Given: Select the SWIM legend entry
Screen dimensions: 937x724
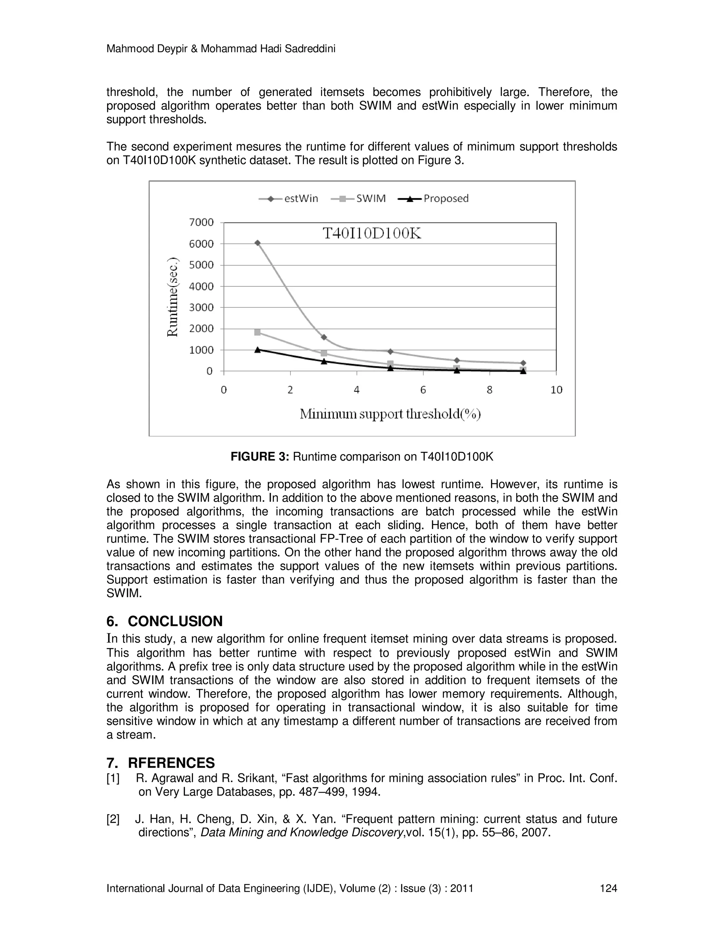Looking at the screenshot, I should tap(359, 199).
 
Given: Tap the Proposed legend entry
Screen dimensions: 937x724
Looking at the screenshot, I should tap(433, 199).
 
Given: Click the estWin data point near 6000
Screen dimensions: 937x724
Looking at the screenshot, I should tap(257, 243).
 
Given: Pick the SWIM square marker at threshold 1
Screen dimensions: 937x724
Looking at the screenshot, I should tap(257, 332).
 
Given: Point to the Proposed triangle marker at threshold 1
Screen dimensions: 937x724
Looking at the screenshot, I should tap(257, 350).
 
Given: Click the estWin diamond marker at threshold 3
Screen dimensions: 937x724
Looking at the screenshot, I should tap(324, 337).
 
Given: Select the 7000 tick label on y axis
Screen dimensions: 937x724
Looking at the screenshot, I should tap(201, 222).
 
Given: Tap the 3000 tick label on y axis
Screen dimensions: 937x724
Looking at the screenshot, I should tap(201, 307).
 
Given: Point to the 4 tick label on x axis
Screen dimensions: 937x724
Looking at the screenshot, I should tap(356, 390).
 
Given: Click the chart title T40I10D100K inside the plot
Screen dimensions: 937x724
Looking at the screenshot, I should tap(372, 234).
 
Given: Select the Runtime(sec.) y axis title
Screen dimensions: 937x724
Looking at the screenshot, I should tap(173, 297).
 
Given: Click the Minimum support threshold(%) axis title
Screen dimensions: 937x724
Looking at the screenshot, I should tap(390, 414).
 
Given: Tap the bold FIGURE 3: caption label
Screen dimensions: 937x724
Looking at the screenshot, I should tap(260, 457).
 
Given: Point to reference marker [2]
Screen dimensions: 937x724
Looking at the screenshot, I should tap(113, 819).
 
